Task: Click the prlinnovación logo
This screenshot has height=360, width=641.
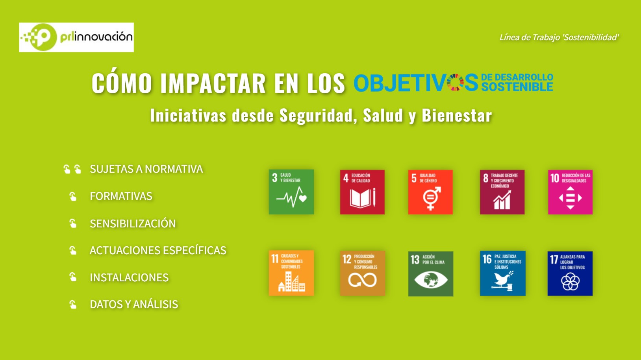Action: point(76,37)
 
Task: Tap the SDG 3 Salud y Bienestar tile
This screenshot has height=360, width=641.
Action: point(291,192)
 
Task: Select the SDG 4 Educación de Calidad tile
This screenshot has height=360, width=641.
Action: point(362,192)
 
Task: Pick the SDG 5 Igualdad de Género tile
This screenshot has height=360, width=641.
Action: point(430,192)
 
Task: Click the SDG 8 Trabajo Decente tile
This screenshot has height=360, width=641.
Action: point(502,192)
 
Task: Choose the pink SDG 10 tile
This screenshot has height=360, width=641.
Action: point(570,192)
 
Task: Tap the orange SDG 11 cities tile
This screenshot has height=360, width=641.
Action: point(291,273)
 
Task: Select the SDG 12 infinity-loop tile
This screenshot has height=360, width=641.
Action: point(363,273)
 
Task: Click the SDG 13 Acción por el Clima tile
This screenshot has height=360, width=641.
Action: point(431,274)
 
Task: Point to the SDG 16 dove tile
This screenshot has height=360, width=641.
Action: point(503,273)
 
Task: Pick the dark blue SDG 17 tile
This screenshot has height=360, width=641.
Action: point(570,273)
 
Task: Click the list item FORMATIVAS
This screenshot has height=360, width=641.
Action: point(121,196)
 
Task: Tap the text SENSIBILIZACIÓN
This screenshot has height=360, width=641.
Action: point(133,223)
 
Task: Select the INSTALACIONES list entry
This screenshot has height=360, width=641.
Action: point(129,277)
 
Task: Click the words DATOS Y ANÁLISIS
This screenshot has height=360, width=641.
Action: point(134,304)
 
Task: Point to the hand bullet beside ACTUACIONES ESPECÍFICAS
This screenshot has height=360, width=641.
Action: point(73,251)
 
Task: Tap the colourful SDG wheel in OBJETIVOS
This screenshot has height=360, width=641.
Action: point(455,82)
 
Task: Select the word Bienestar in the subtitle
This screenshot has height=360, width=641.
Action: point(457,115)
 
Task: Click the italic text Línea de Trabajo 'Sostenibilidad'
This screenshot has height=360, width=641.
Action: point(559,37)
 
